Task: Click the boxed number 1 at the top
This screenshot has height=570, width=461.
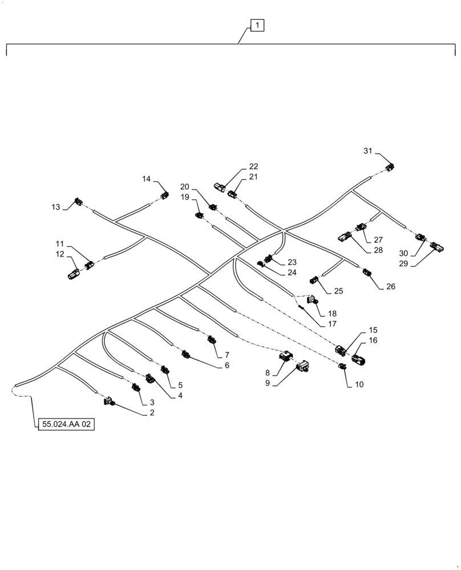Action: click(257, 25)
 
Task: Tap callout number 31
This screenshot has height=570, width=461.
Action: click(367, 150)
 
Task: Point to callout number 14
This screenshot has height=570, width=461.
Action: click(147, 179)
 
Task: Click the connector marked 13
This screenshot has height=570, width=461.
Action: click(79, 202)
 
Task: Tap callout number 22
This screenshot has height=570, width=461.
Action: click(253, 166)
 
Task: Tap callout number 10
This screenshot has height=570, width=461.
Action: click(359, 384)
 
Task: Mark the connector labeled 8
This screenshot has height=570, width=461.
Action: click(285, 356)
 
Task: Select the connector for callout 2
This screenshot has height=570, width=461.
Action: click(109, 403)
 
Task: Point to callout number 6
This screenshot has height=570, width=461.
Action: click(227, 365)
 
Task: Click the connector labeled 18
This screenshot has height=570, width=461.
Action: click(312, 299)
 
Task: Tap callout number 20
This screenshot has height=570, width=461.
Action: click(185, 186)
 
